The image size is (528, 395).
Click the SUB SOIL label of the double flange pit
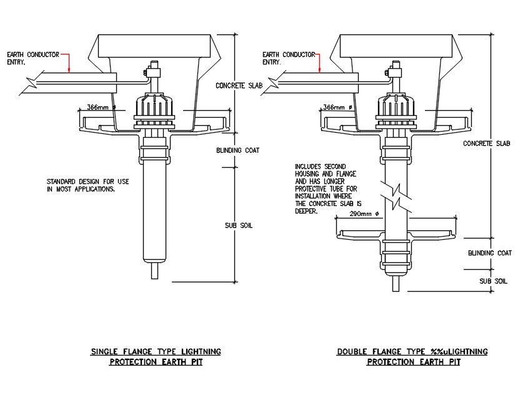pyautogui.click(x=493, y=282)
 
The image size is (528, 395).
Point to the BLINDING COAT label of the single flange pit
pyautogui.click(x=237, y=150)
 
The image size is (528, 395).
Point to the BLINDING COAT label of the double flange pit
pyautogui.click(x=490, y=254)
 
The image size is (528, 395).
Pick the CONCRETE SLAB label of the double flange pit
pyautogui.click(x=487, y=143)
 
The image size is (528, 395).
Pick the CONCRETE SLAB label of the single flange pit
pyautogui.click(x=238, y=86)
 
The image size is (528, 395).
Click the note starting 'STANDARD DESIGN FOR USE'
pyautogui.click(x=87, y=185)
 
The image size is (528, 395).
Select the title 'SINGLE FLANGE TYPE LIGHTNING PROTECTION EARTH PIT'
pyautogui.click(x=156, y=357)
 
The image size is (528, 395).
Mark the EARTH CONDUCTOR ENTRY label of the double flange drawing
pyautogui.click(x=288, y=58)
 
